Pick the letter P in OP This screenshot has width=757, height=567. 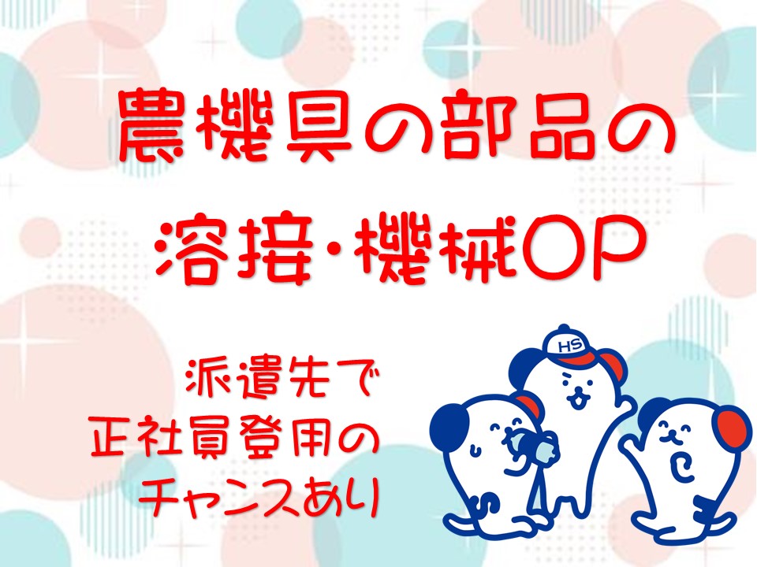point(614,249)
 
